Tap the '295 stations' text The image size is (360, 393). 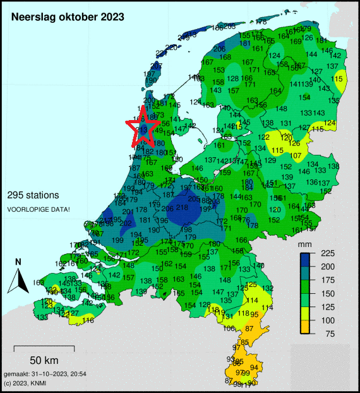[33, 195]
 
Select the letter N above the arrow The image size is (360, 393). [18, 262]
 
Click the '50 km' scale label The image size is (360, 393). [44, 360]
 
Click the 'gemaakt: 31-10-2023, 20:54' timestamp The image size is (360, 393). [45, 375]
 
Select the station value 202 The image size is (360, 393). [126, 223]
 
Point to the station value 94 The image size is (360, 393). [255, 367]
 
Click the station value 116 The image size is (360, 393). [88, 321]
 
